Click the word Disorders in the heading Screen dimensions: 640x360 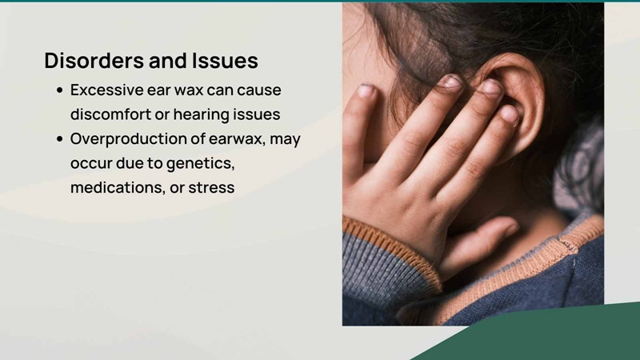(94, 61)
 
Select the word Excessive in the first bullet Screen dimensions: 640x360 (107, 90)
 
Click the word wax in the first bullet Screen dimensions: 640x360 (189, 90)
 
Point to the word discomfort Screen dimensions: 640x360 (110, 114)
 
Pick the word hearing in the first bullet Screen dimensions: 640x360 (201, 114)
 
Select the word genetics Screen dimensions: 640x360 (201, 164)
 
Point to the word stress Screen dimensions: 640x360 (211, 188)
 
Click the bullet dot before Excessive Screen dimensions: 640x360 (60, 90)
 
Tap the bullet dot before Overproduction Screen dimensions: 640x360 (60, 139)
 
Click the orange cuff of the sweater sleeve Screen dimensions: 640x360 (392, 249)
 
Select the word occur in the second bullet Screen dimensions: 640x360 (91, 164)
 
